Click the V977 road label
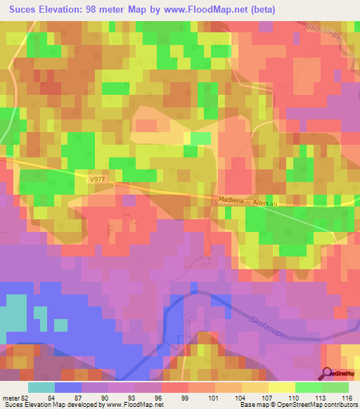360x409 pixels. coord(98,180)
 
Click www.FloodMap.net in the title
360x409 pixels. coord(210,9)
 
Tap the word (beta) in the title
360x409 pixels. coord(259,9)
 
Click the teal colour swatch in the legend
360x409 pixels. coord(41,387)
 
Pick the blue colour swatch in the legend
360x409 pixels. coord(68,387)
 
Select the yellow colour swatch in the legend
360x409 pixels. coord(282,387)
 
